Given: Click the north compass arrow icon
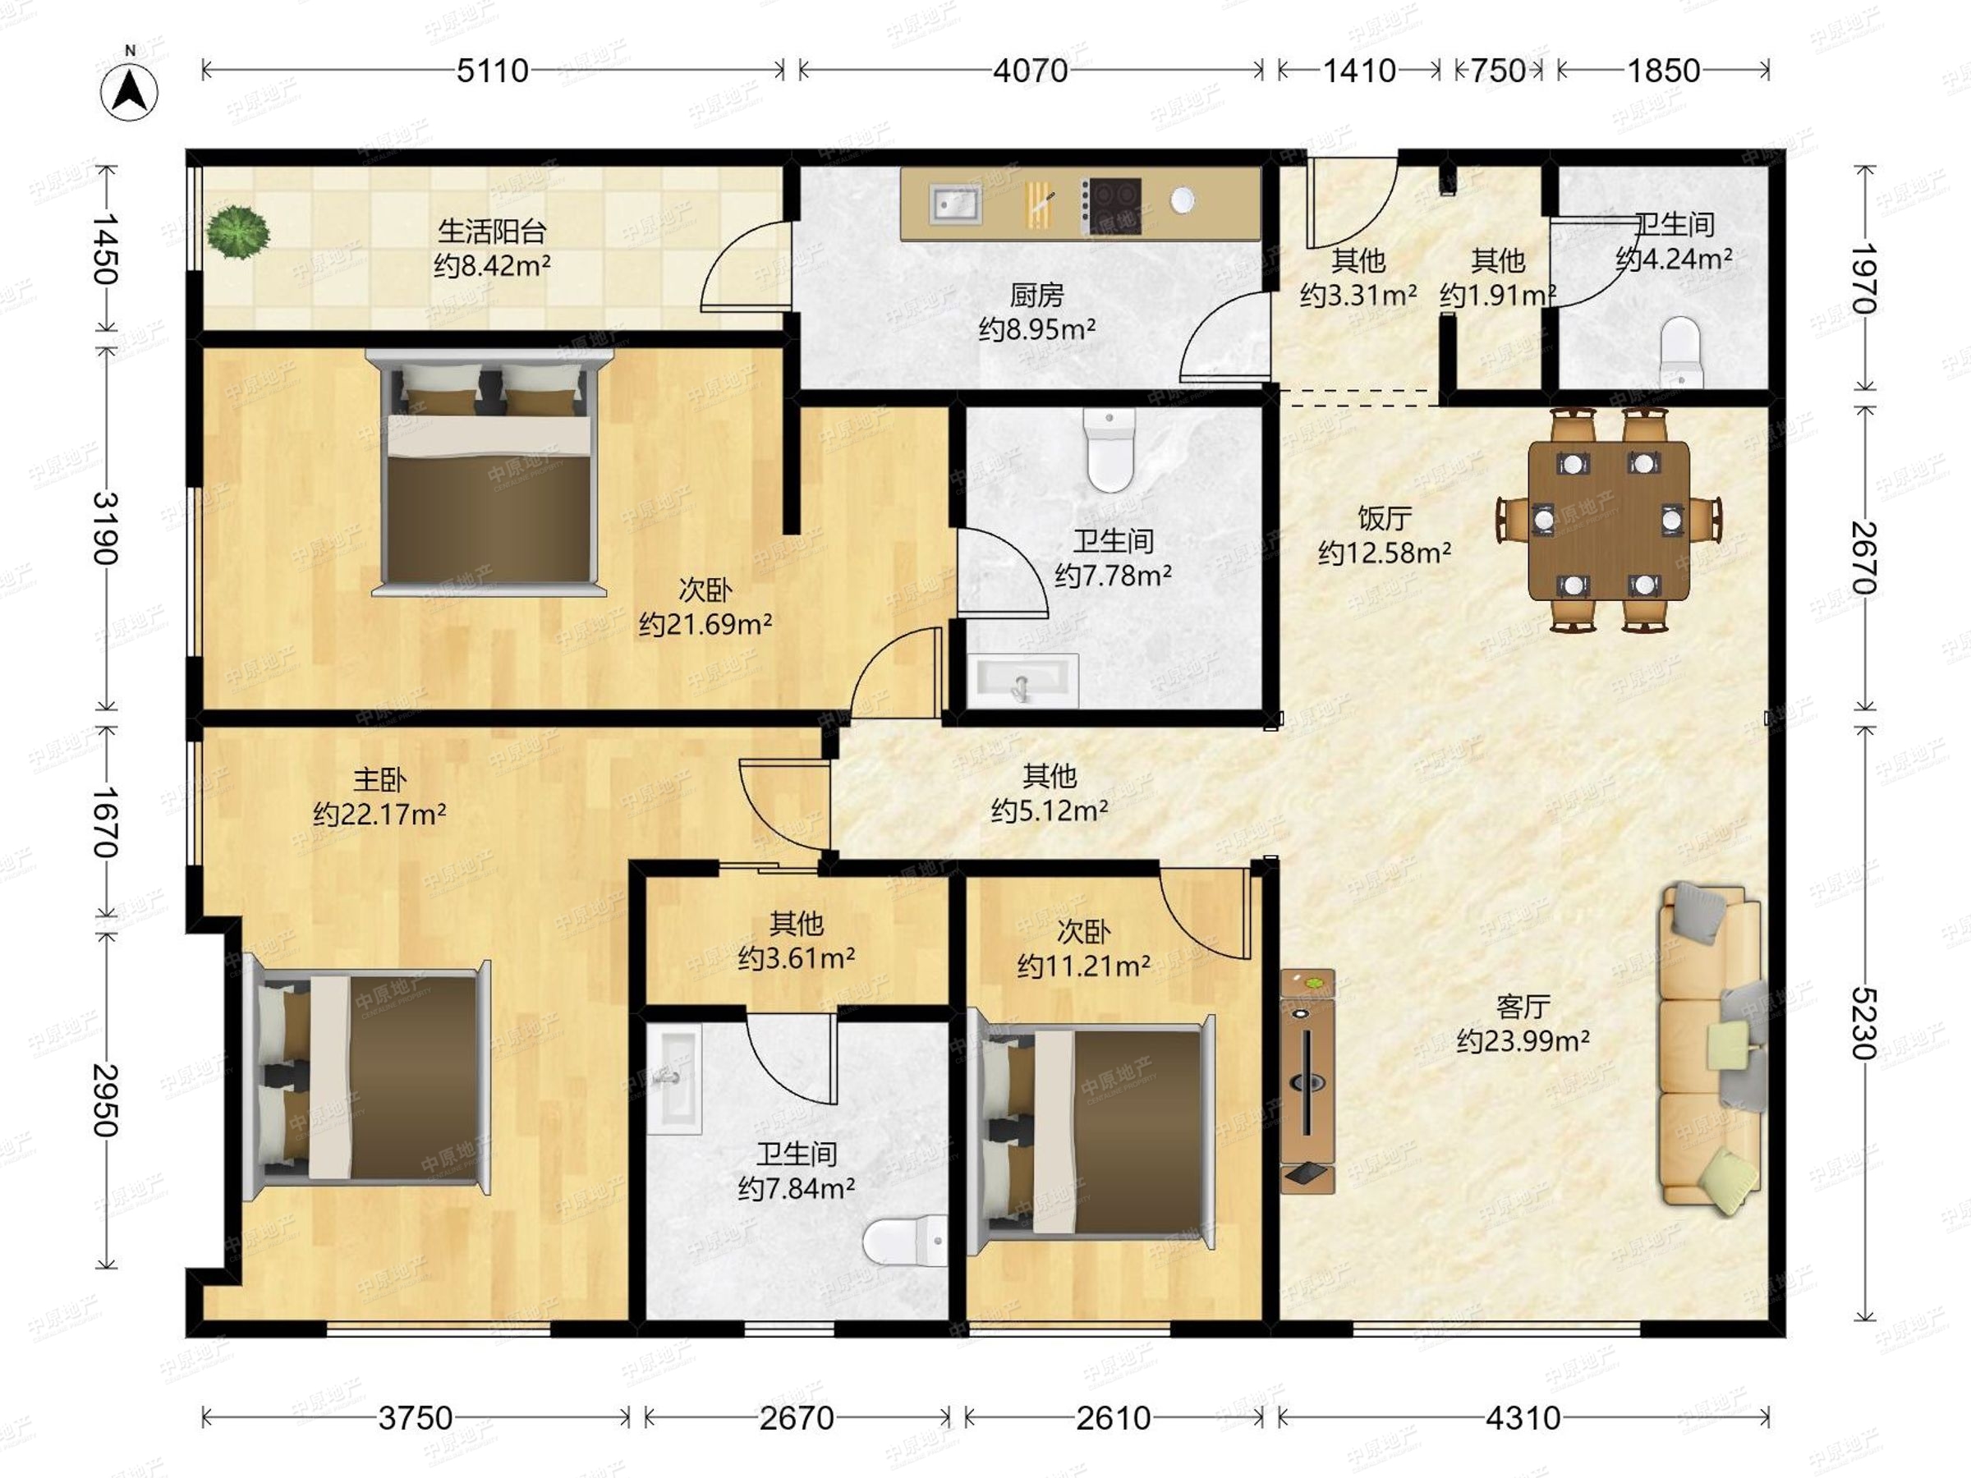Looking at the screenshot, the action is tap(130, 90).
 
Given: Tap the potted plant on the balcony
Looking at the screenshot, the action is tap(237, 232).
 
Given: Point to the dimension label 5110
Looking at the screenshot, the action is tap(493, 71).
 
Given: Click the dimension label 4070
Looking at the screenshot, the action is tap(1031, 71).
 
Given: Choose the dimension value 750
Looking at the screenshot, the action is tap(1499, 71).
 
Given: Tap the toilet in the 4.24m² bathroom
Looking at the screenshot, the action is tap(1680, 353).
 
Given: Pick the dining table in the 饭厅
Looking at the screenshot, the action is tap(1609, 521).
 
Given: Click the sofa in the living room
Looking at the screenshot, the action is tap(1710, 1048).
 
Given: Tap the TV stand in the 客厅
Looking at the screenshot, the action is tap(1307, 1081).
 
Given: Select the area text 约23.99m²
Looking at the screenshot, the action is tap(1523, 1040).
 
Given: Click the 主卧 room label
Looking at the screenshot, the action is tap(379, 780).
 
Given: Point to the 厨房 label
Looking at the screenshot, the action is tap(1037, 295).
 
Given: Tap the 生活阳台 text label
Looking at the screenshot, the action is tap(492, 232).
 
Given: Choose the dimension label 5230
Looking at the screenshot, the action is tap(1864, 1023).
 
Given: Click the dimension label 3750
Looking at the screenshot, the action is tap(416, 1417).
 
